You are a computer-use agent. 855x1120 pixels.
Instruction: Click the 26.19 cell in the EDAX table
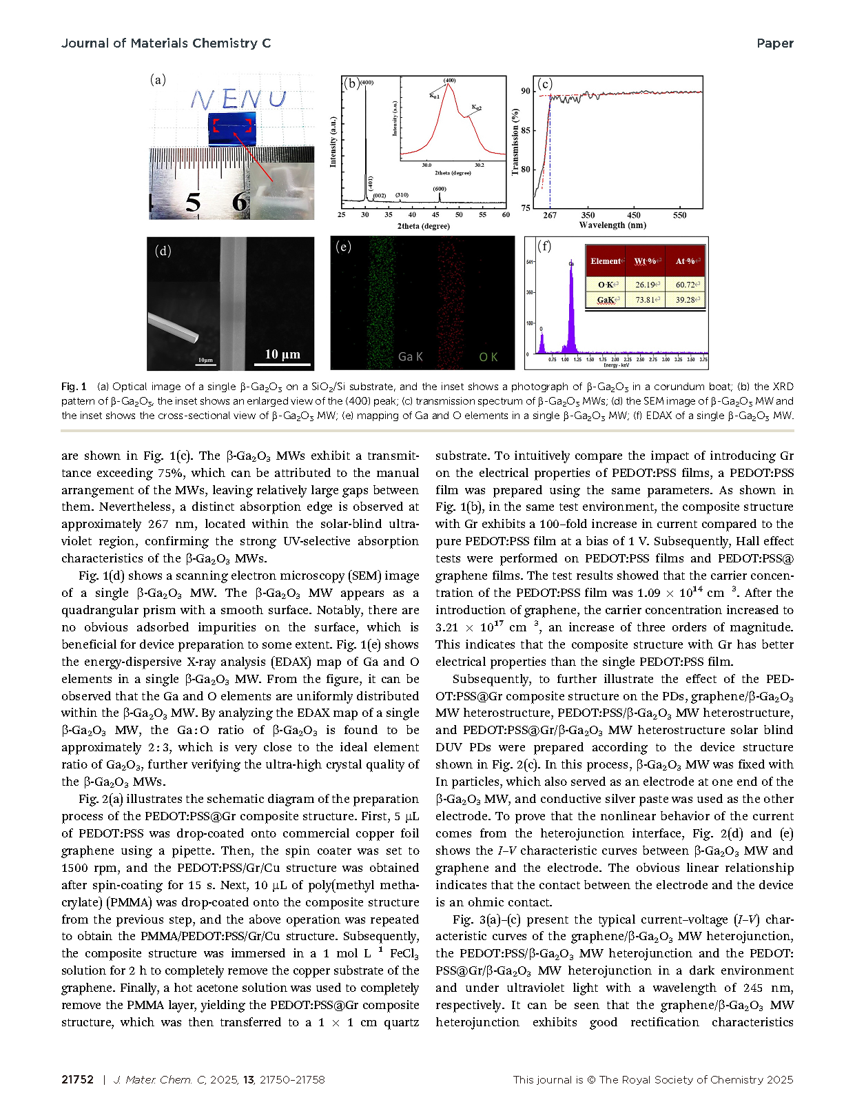646,285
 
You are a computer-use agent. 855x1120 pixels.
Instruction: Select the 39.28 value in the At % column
685,300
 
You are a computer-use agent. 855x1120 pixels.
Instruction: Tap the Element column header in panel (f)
606,261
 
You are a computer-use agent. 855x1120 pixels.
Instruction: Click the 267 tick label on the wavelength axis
550,215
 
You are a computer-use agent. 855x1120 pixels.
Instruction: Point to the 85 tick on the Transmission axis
526,130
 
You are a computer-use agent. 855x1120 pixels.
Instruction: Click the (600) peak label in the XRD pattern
440,189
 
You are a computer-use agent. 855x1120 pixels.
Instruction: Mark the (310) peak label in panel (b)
402,195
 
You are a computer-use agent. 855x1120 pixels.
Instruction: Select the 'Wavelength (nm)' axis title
612,225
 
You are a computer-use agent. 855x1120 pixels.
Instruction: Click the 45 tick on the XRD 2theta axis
435,215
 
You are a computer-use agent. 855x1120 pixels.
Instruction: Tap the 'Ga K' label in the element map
411,356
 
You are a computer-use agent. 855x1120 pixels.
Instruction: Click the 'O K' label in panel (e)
488,356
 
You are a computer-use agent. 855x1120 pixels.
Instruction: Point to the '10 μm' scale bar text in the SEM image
282,354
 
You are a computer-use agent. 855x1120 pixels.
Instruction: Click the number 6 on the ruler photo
239,202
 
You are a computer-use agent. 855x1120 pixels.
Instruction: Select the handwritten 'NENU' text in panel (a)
238,100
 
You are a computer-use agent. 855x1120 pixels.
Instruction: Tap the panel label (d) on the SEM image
163,251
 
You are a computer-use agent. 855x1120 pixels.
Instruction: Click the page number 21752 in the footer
77,1079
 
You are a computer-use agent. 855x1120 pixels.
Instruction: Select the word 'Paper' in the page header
774,43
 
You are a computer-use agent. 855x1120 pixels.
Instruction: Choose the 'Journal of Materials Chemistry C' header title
166,43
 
